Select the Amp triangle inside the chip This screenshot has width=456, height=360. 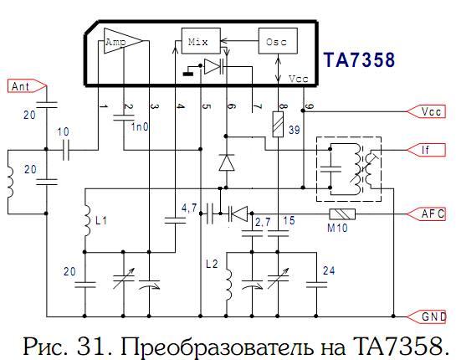tap(122, 41)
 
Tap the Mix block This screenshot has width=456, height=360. tap(201, 41)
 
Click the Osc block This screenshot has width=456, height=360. tap(278, 41)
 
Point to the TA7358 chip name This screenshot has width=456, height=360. tap(359, 60)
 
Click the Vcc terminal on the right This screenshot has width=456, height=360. tap(426, 111)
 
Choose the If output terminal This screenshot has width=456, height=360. tap(426, 150)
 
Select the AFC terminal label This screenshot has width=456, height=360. tap(426, 214)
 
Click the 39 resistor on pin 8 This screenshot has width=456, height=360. tap(278, 124)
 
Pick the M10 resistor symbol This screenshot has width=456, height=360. tap(342, 214)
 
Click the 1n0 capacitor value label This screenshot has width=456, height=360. tap(140, 127)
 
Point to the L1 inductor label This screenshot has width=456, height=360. tap(101, 221)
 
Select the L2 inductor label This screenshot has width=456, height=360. tap(212, 264)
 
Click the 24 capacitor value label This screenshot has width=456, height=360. tap(329, 270)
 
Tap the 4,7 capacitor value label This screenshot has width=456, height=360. tap(189, 208)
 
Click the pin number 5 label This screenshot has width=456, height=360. tap(206, 106)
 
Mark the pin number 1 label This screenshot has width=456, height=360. tap(104, 106)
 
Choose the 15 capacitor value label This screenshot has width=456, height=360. tap(289, 220)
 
